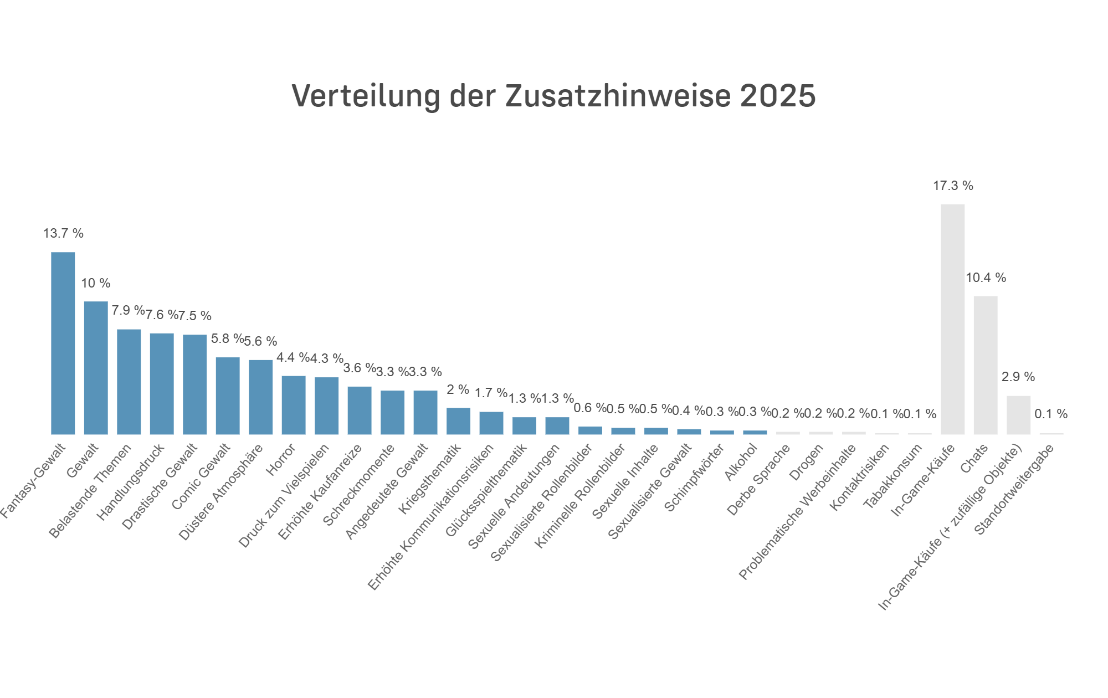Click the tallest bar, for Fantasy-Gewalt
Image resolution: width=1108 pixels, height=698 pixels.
63,343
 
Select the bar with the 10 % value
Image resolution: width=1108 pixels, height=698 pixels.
96,368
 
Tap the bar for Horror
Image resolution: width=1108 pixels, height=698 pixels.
294,405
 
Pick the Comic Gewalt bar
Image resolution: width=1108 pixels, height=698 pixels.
228,396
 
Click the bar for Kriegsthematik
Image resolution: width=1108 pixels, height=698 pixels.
458,421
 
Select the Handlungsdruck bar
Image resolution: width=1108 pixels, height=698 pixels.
162,384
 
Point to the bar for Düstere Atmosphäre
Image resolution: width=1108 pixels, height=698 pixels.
260,397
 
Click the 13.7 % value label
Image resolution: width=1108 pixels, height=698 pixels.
63,233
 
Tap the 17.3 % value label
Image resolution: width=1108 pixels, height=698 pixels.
953,186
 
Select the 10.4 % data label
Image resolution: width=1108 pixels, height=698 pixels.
986,278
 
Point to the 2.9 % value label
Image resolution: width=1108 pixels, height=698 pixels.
1018,377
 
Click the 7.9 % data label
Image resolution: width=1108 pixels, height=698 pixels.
128,310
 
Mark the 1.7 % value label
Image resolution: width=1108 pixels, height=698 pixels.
491,393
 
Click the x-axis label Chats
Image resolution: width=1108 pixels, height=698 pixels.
974,459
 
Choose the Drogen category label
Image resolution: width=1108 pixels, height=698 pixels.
807,463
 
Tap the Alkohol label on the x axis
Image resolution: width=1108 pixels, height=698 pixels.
741,463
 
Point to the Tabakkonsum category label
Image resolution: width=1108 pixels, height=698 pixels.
894,476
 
